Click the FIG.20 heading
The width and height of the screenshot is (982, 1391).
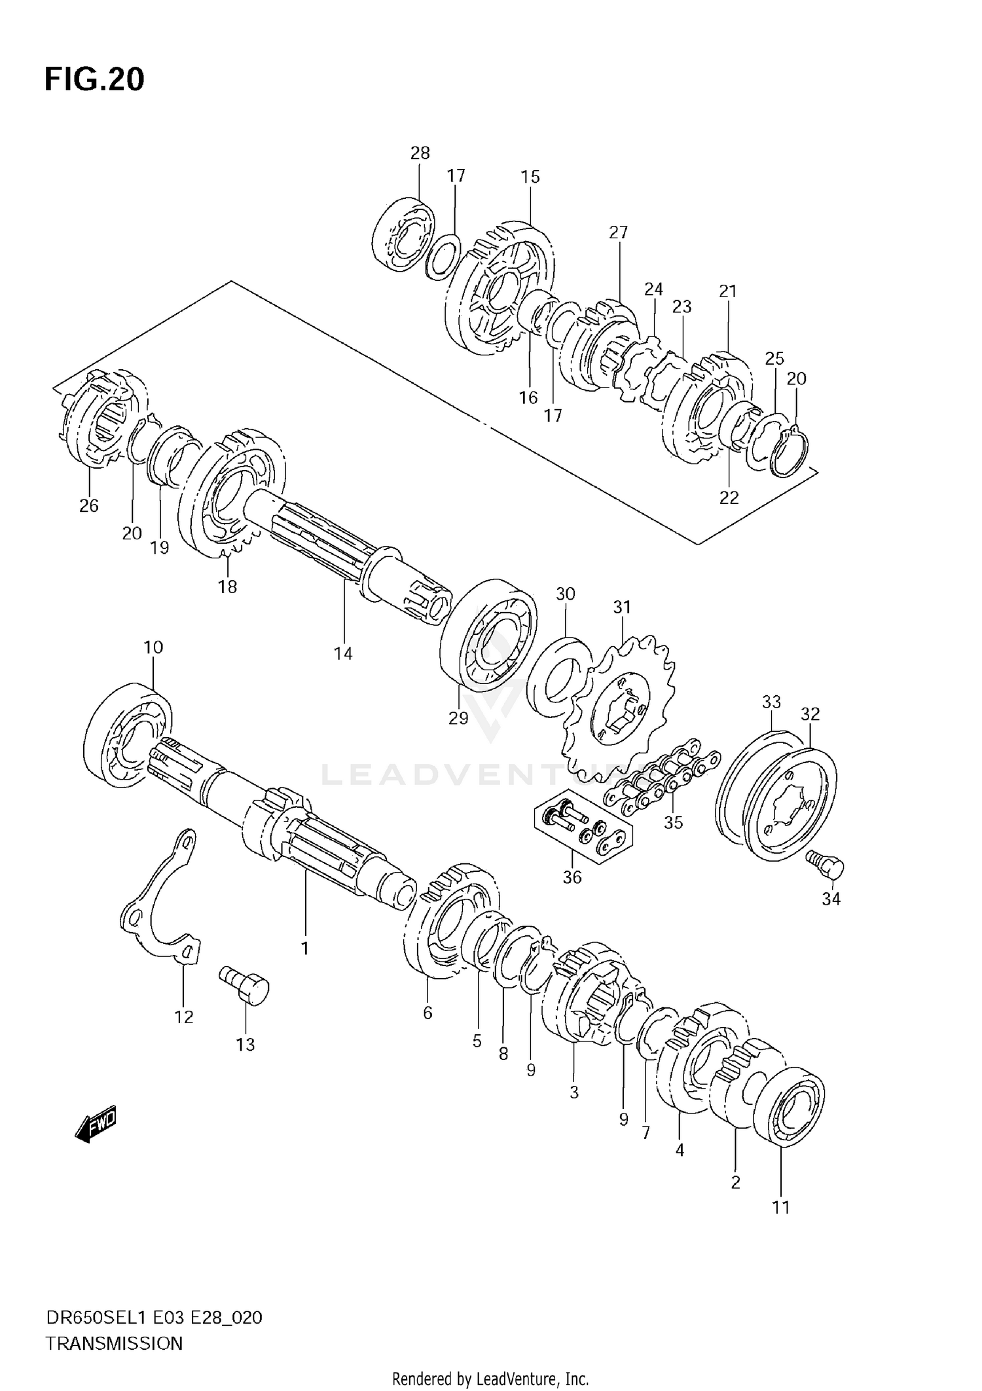(94, 80)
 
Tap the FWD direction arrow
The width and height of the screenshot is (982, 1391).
(96, 1125)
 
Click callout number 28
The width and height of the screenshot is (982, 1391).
(420, 153)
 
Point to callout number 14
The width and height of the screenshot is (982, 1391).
(343, 653)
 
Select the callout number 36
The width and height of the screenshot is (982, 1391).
(572, 877)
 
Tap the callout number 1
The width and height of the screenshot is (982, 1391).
(304, 948)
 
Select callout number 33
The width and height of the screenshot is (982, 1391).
(771, 702)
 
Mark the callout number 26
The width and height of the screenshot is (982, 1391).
(89, 505)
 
